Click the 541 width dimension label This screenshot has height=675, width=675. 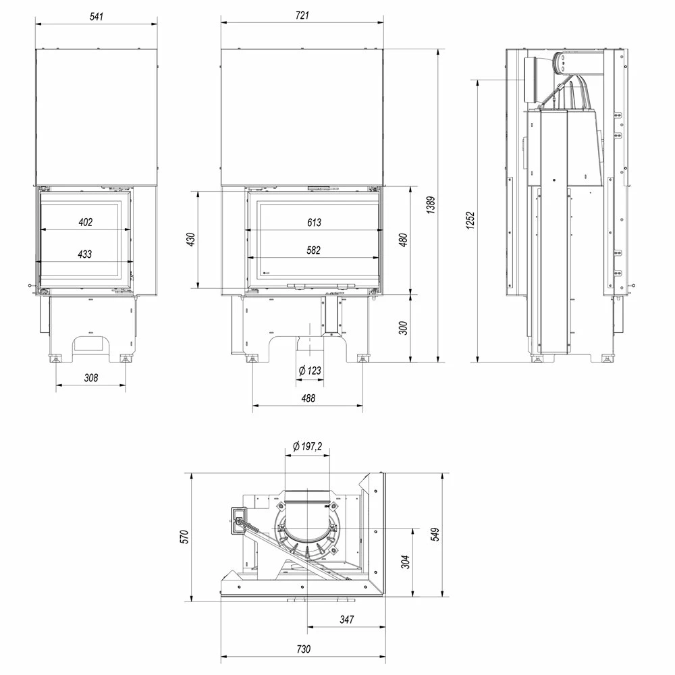click(97, 16)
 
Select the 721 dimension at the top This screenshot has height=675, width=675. click(302, 16)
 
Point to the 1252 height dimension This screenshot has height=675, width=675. click(470, 221)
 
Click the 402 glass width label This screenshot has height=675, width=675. click(85, 222)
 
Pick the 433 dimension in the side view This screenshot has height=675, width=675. click(85, 254)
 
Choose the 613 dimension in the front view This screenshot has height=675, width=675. click(314, 223)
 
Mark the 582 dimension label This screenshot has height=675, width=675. click(313, 250)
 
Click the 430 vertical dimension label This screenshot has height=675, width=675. click(191, 240)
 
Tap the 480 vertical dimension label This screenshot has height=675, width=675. click(403, 240)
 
